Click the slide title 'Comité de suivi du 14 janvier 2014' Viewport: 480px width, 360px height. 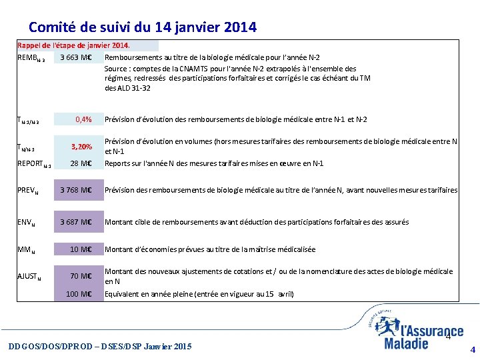pos(142,27)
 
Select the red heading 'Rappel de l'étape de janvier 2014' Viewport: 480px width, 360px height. pos(74,46)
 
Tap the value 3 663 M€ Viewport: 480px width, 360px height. pos(75,57)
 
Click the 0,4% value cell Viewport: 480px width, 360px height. pos(83,119)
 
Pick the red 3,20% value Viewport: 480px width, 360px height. pos(81,146)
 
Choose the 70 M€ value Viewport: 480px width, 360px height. pos(81,276)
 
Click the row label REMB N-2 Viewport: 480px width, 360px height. pos(31,58)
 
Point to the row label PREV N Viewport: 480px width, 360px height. pos(27,191)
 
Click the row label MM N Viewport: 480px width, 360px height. pos(25,250)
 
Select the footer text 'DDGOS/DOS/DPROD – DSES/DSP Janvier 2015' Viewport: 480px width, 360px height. pos(99,346)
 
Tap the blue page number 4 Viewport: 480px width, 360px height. pos(473,349)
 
